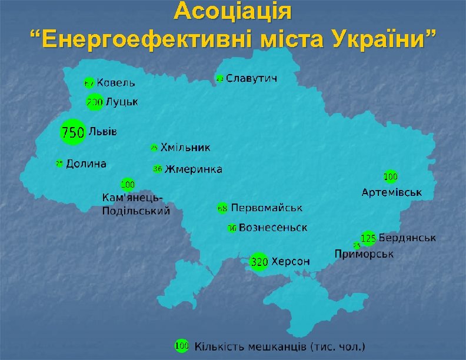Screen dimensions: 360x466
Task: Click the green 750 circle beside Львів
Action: [72, 132]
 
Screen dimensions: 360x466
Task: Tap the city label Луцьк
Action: [122, 102]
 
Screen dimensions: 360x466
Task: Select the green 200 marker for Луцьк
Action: [94, 102]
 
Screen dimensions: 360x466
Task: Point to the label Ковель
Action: [116, 82]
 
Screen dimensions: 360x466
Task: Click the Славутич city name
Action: [251, 78]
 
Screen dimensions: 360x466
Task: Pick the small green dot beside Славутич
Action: [219, 79]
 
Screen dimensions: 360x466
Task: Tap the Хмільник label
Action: [185, 147]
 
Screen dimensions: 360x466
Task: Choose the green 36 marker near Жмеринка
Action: [157, 169]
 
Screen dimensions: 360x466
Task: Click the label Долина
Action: [86, 164]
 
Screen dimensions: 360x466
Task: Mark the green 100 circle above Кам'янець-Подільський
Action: [128, 185]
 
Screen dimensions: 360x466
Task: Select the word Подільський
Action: [136, 211]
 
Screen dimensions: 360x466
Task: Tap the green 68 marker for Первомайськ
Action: [222, 208]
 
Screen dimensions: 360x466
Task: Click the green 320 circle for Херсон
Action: [259, 261]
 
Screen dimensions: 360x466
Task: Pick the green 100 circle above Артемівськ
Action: [390, 176]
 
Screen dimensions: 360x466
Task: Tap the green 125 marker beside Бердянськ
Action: [368, 238]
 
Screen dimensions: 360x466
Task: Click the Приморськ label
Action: [364, 254]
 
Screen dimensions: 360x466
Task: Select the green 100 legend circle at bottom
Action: [182, 345]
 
